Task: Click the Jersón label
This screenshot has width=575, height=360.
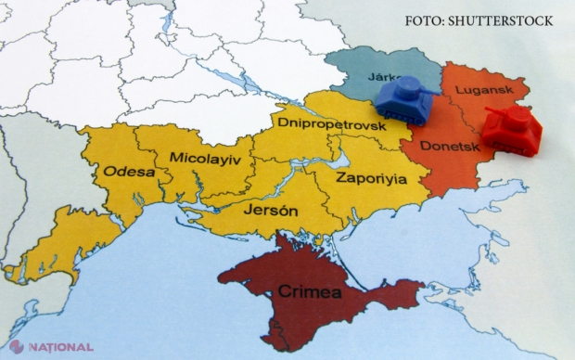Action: click(270, 211)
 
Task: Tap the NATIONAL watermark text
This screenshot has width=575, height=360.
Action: click(62, 348)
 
